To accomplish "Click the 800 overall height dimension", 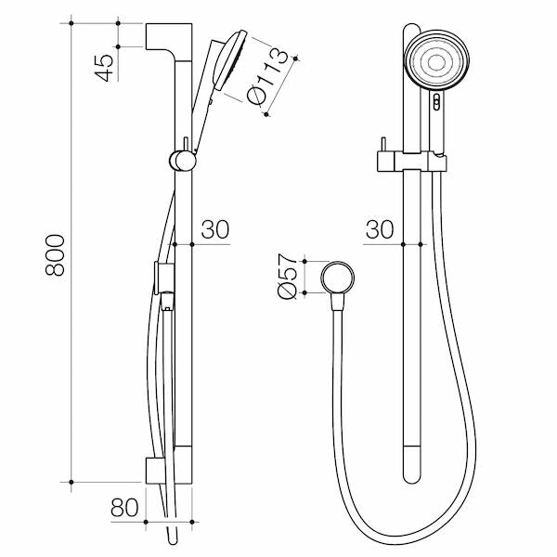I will click(x=56, y=253).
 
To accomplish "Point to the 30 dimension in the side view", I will click(x=214, y=230).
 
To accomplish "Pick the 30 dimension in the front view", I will click(x=379, y=230).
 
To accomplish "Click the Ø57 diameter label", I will click(x=287, y=278).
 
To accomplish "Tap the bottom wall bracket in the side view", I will click(x=167, y=471).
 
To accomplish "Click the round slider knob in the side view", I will click(x=183, y=160).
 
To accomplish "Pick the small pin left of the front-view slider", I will click(x=380, y=149).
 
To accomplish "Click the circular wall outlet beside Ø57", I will click(x=338, y=277).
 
